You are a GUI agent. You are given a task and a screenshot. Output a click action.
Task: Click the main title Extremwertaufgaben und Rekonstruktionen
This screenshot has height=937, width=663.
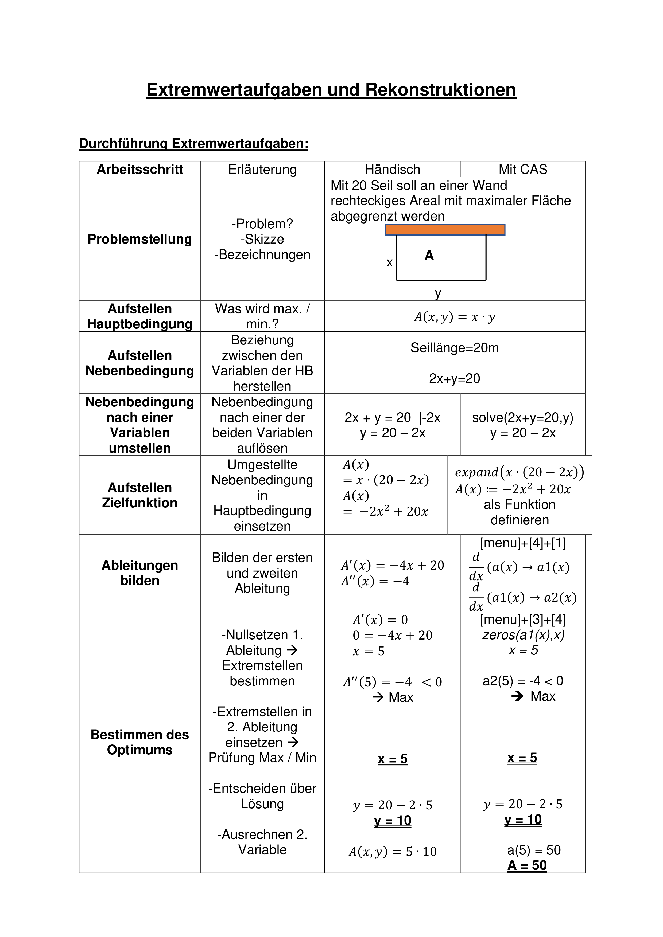tap(331, 90)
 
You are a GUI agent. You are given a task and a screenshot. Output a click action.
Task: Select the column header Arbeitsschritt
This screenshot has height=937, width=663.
tap(140, 169)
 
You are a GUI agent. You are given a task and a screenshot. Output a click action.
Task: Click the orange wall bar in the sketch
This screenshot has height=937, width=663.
tap(445, 230)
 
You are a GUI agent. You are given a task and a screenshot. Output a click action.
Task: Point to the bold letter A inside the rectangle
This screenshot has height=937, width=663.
tap(429, 256)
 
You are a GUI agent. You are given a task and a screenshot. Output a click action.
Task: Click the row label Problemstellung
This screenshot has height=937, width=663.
tap(140, 239)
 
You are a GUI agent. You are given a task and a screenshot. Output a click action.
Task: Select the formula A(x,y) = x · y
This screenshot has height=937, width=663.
tap(454, 317)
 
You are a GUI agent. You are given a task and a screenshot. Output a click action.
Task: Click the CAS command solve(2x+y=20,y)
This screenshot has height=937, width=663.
tap(522, 417)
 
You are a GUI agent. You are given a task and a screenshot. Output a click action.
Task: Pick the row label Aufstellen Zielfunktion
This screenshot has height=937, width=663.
tap(140, 495)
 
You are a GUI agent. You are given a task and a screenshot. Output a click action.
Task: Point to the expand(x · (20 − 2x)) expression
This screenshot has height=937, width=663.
tap(519, 472)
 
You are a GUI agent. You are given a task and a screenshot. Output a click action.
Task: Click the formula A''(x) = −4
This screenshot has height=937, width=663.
tap(375, 581)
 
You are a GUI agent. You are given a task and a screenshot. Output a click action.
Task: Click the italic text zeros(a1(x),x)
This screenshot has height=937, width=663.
tap(523, 635)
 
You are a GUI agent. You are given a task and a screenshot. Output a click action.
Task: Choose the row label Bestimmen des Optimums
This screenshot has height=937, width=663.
tap(140, 742)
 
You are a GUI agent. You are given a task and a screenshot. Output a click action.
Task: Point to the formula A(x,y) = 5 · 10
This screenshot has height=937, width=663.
tap(392, 852)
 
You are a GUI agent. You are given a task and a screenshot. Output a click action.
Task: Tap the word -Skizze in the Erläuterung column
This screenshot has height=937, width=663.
tap(262, 239)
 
